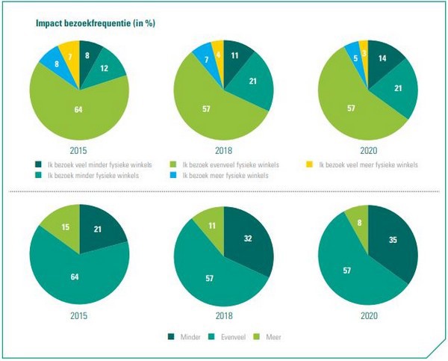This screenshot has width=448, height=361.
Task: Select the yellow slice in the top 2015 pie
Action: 68,55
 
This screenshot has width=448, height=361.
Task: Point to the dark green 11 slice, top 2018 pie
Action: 236,55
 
